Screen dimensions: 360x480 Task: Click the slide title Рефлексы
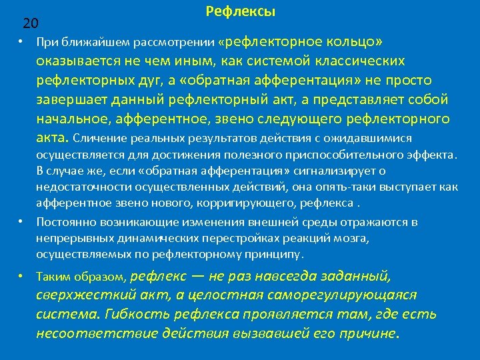241,11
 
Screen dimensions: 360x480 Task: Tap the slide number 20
30,24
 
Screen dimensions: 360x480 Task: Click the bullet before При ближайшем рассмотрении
21,43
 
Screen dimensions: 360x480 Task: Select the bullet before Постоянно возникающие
21,221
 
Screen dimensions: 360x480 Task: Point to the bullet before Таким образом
21,276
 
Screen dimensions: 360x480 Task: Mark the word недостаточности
76,189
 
